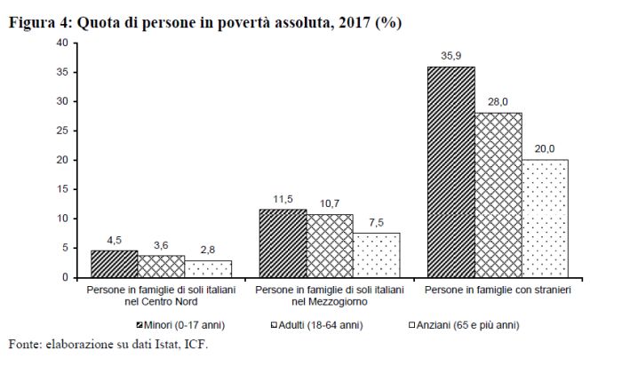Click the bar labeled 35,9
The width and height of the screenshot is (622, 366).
[x=451, y=172]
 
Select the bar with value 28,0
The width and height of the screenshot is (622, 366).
[x=498, y=195]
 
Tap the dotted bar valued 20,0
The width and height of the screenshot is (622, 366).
[x=545, y=219]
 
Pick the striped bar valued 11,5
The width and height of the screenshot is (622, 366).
[x=283, y=243]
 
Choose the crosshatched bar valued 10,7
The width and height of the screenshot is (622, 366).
[x=330, y=246]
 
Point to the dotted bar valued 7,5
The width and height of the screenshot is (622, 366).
[x=376, y=255]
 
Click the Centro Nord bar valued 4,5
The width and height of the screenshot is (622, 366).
[x=115, y=264]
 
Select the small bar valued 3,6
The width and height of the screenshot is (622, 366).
[x=161, y=267]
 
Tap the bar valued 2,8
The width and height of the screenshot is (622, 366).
[x=208, y=269]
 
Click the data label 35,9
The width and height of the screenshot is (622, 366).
[x=451, y=57]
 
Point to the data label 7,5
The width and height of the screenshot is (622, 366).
[x=377, y=223]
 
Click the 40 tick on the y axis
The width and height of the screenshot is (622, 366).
[x=61, y=43]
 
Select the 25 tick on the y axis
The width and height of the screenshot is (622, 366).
[x=61, y=131]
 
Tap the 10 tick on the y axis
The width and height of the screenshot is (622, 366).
[x=61, y=219]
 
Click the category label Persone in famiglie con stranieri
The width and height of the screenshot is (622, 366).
[x=498, y=290]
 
